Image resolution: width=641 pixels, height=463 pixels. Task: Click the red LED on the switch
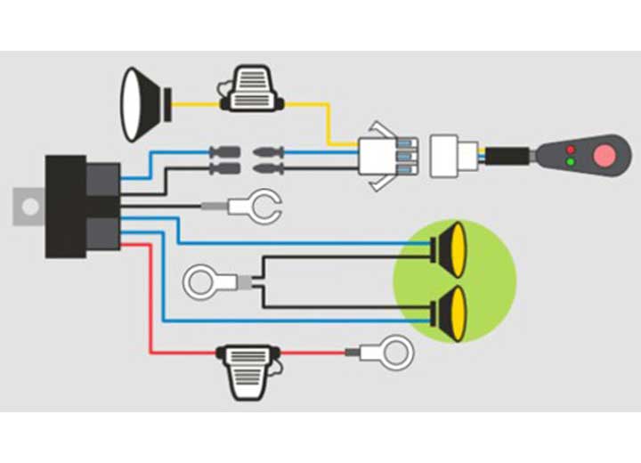tap(570, 149)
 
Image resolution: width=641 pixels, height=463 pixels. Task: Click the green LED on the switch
tap(570, 163)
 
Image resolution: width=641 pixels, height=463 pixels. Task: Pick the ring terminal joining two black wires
tap(207, 283)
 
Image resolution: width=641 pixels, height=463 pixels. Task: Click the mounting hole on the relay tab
tap(30, 207)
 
